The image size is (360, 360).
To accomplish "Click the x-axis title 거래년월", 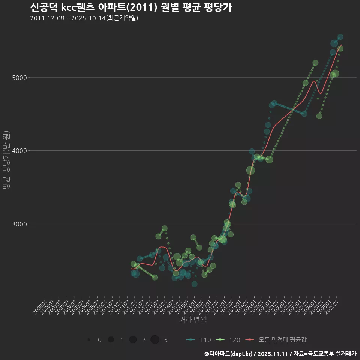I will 193,320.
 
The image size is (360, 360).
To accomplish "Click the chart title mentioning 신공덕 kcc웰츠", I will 131,7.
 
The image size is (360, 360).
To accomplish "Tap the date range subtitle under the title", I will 84,18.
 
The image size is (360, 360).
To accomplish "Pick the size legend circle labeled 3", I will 155,340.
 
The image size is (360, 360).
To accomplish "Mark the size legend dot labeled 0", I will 89,340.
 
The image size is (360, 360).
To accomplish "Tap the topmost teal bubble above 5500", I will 340,37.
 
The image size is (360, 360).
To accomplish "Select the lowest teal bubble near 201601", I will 194,284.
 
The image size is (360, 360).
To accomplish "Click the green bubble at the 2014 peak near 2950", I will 165,228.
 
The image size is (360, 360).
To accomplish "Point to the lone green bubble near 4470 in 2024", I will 319,116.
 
